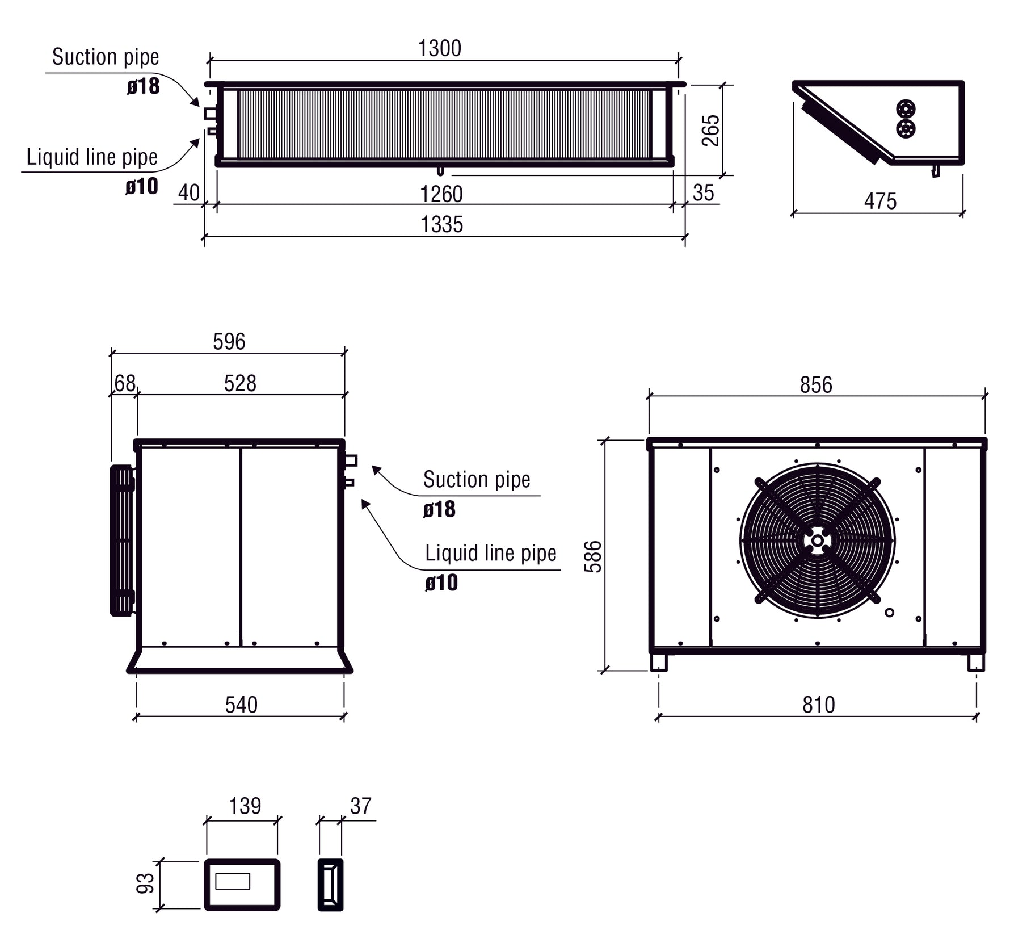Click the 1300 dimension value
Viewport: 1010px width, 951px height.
tap(439, 49)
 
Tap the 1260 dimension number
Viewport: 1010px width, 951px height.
tap(441, 194)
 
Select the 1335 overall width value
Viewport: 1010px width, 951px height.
tap(441, 225)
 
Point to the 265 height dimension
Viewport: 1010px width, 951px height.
tap(710, 130)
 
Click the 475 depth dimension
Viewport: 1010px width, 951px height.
tap(880, 202)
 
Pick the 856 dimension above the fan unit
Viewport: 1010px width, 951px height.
tap(815, 385)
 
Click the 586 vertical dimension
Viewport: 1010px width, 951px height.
tap(593, 556)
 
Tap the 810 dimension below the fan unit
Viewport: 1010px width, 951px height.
tap(818, 705)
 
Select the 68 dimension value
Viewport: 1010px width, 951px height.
tap(125, 384)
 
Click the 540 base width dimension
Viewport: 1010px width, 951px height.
tap(241, 705)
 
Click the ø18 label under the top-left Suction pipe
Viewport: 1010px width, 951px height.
tap(143, 87)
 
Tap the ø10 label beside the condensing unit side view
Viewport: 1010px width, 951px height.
tap(441, 583)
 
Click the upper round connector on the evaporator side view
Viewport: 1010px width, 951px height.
tap(906, 109)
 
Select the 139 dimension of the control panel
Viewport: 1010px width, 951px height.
tap(245, 806)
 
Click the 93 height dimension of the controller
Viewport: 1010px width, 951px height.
tap(146, 883)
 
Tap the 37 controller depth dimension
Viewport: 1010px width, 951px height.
tap(361, 806)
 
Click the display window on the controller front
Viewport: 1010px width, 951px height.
tap(233, 881)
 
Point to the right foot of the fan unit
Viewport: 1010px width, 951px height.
tap(975, 663)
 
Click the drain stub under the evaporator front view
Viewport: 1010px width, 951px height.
tap(440, 171)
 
